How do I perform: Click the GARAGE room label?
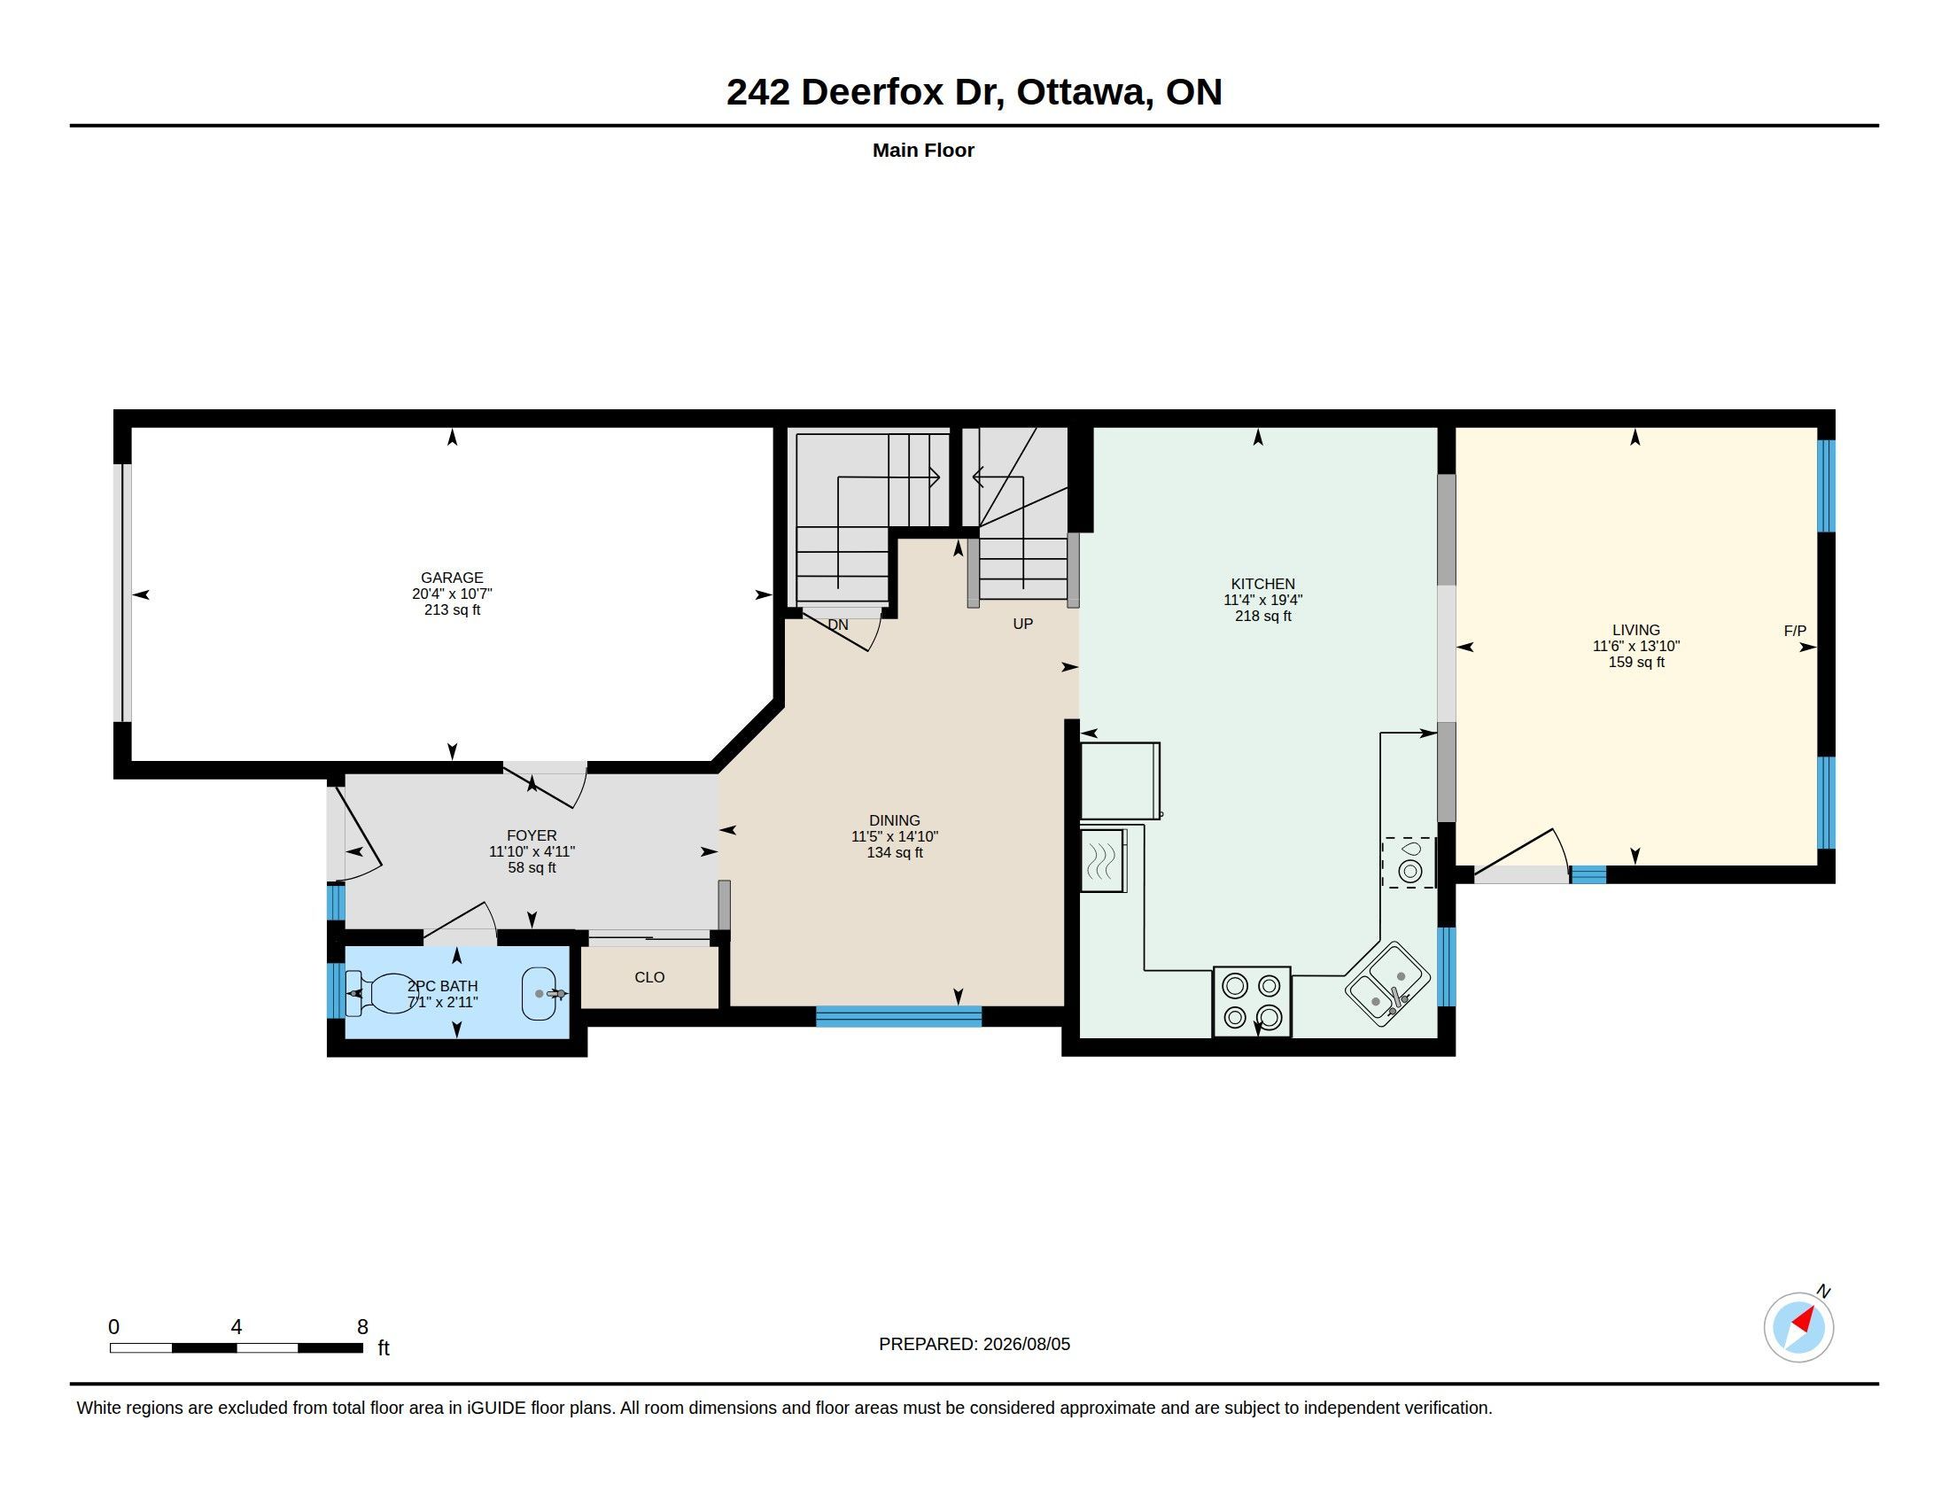pos(452,578)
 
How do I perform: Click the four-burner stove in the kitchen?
pos(1251,1002)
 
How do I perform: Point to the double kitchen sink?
pos(1387,985)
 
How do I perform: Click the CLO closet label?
pos(649,977)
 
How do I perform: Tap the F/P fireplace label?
pos(1795,631)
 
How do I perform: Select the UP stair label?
pos(1022,624)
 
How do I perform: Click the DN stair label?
pos(838,625)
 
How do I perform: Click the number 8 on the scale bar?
pos(362,1327)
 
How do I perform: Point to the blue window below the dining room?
pos(898,1016)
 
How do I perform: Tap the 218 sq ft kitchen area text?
pos(1262,616)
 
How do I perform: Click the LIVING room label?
pos(1635,630)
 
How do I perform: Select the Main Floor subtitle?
pos(923,150)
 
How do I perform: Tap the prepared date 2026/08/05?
pos(1026,1344)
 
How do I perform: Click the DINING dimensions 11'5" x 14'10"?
pos(894,836)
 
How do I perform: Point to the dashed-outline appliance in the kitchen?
pos(1409,863)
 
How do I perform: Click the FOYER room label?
pos(531,836)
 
